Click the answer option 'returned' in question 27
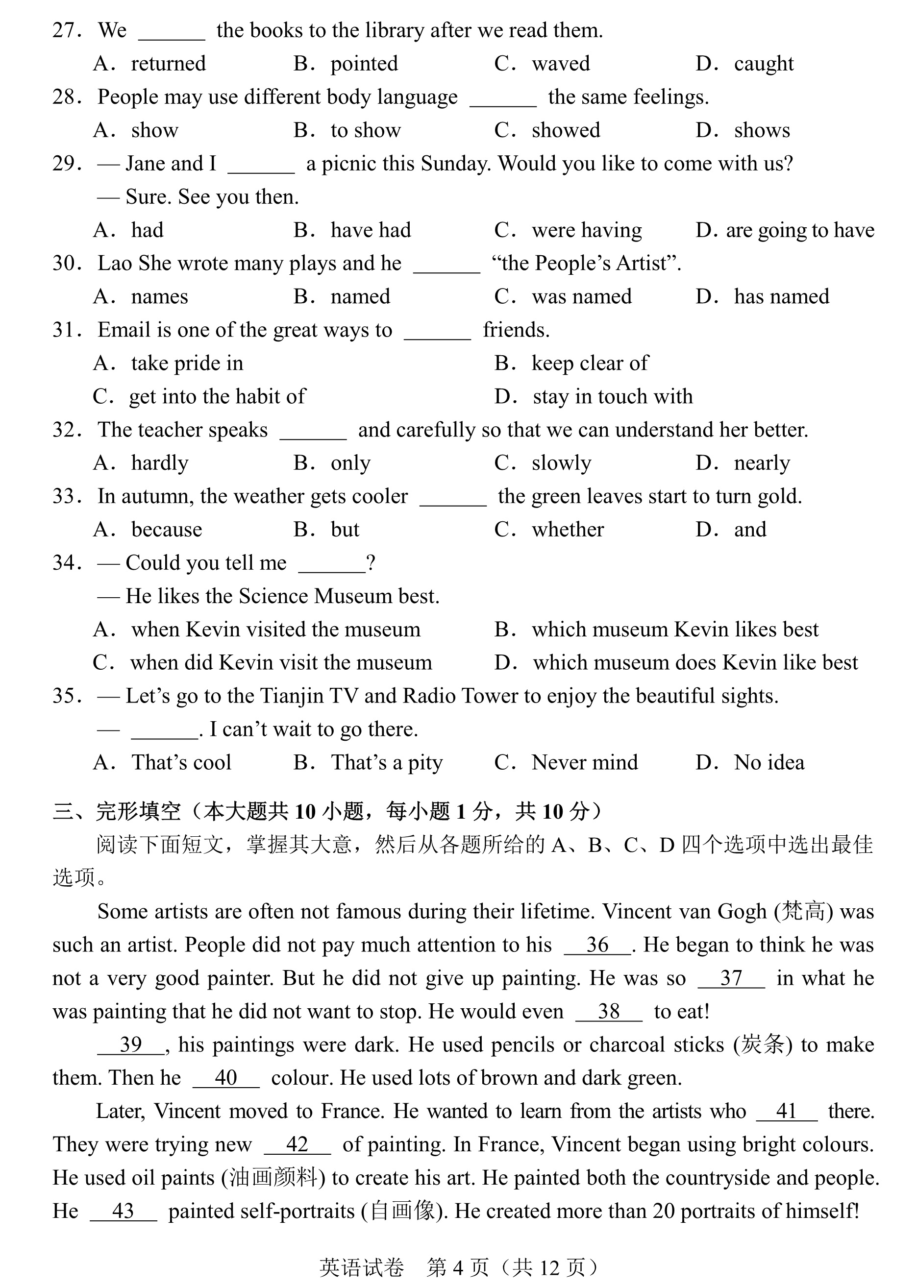point(168,64)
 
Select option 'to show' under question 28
point(365,130)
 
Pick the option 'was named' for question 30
point(581,297)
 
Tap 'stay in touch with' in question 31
point(612,397)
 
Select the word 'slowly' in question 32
point(561,463)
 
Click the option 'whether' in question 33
point(568,530)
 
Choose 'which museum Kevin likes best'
point(675,630)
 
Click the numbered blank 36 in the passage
point(597,945)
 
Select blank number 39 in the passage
point(130,1045)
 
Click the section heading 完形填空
point(138,812)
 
